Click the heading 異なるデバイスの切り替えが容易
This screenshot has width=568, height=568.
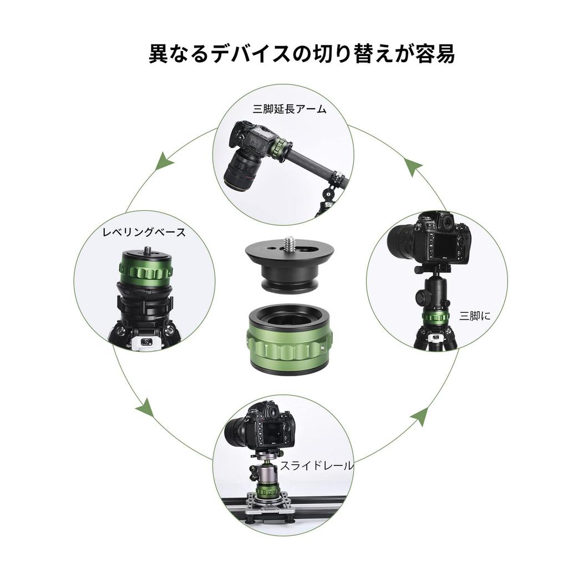click(302, 54)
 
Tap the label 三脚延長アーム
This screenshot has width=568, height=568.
click(290, 109)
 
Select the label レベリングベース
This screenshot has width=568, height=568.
click(144, 232)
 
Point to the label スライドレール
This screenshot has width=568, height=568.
click(316, 466)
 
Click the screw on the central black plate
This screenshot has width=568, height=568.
click(289, 242)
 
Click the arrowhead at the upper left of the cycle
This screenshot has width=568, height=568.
click(163, 162)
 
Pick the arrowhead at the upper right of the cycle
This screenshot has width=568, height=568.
click(414, 166)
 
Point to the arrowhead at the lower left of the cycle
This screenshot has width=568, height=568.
click(146, 409)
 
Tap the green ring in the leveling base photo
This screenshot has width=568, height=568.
click(145, 271)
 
